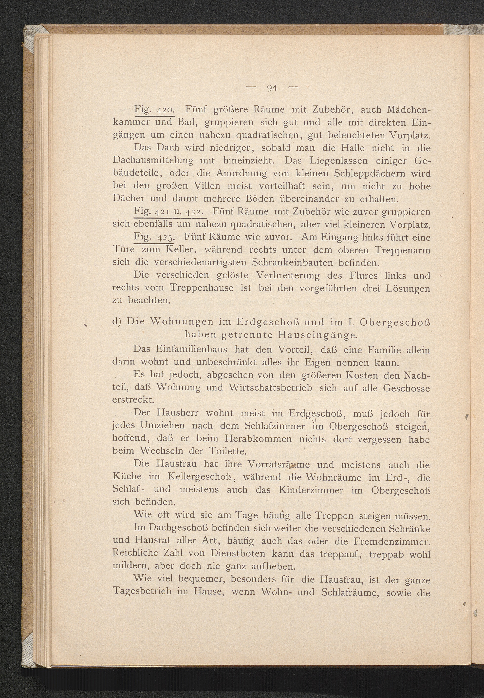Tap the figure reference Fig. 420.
pyautogui.click(x=154, y=109)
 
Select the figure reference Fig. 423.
pyautogui.click(x=154, y=237)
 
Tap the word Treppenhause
pyautogui.click(x=202, y=287)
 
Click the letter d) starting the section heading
pyautogui.click(x=117, y=322)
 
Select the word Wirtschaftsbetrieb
pyautogui.click(x=271, y=388)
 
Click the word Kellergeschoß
pyautogui.click(x=200, y=477)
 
